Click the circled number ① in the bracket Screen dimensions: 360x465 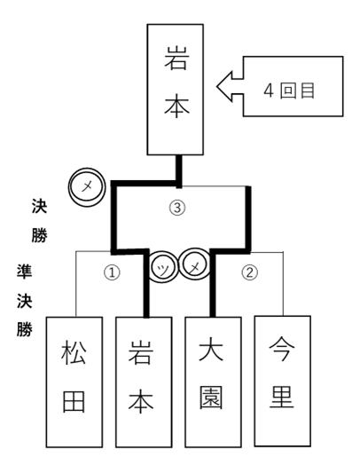tap(112, 272)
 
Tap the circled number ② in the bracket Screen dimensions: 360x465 tap(250, 272)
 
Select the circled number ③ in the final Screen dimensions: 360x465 tap(177, 208)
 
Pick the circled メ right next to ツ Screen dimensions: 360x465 tap(194, 264)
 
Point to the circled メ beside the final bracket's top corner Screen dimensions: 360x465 tap(87, 187)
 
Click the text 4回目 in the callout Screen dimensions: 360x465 tap(289, 91)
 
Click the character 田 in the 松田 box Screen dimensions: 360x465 tap(74, 401)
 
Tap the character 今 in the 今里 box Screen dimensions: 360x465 tap(282, 349)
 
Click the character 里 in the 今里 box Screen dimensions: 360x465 tap(282, 397)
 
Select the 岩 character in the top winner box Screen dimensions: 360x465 tap(176, 59)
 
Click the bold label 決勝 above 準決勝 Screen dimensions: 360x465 tap(39, 221)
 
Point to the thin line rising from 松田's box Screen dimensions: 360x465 tap(76, 284)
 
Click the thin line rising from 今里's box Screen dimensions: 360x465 tap(283, 284)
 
